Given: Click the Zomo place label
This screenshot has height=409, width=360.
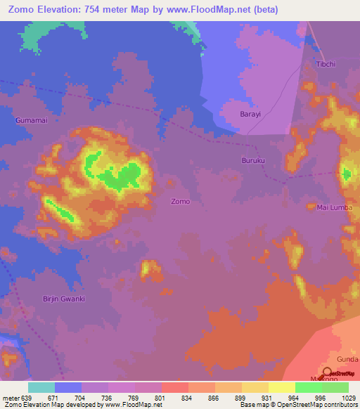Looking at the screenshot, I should pos(181,201).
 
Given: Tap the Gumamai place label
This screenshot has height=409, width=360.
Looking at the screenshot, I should pos(32,121).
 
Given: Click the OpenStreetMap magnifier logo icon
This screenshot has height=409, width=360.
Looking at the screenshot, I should pos(328,373).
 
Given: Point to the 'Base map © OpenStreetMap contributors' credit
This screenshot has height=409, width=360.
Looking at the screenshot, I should pos(297,405).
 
